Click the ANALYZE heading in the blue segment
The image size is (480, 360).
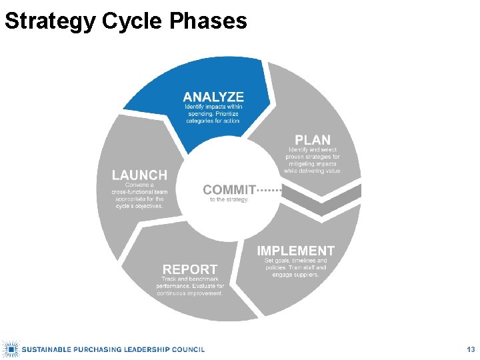[213, 97]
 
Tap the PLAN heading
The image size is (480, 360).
[313, 140]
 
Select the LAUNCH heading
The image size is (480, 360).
[139, 175]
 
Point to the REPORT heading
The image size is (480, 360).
[190, 269]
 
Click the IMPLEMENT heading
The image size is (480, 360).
[296, 251]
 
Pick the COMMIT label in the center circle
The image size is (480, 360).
[229, 190]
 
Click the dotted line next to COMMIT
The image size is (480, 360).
[270, 190]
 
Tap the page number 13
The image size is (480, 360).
[471, 349]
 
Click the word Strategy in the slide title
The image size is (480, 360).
[50, 21]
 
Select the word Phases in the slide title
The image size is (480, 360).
[208, 21]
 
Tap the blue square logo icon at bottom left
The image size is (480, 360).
[10, 349]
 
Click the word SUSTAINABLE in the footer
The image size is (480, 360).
[48, 349]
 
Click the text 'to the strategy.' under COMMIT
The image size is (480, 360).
[229, 199]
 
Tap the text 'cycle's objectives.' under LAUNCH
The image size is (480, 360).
[139, 206]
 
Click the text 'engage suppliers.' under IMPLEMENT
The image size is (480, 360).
[296, 275]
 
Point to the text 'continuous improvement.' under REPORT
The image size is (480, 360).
[190, 293]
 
